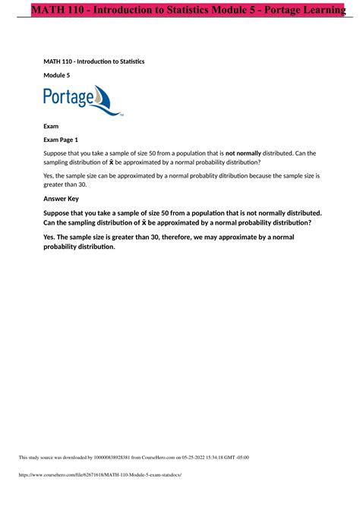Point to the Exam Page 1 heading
pos(68,140)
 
